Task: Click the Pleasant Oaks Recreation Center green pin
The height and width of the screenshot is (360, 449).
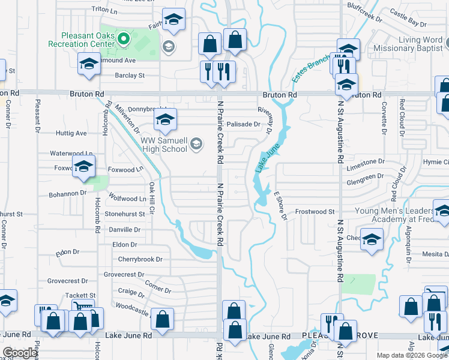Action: [x=124, y=40]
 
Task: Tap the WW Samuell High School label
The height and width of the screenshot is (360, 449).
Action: [x=163, y=145]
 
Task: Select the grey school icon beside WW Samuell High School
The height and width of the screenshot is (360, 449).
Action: [x=195, y=144]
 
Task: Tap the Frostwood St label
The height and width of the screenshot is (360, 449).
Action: [x=315, y=212]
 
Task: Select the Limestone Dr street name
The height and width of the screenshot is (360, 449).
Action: [x=365, y=161]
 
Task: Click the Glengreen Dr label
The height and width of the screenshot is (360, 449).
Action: [x=365, y=176]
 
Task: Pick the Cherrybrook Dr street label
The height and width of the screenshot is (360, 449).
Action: [x=140, y=260]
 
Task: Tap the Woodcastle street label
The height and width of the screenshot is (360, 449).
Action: [x=131, y=305]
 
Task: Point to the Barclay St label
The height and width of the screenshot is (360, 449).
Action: [x=130, y=76]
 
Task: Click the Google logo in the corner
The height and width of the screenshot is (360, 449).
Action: [x=20, y=353]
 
